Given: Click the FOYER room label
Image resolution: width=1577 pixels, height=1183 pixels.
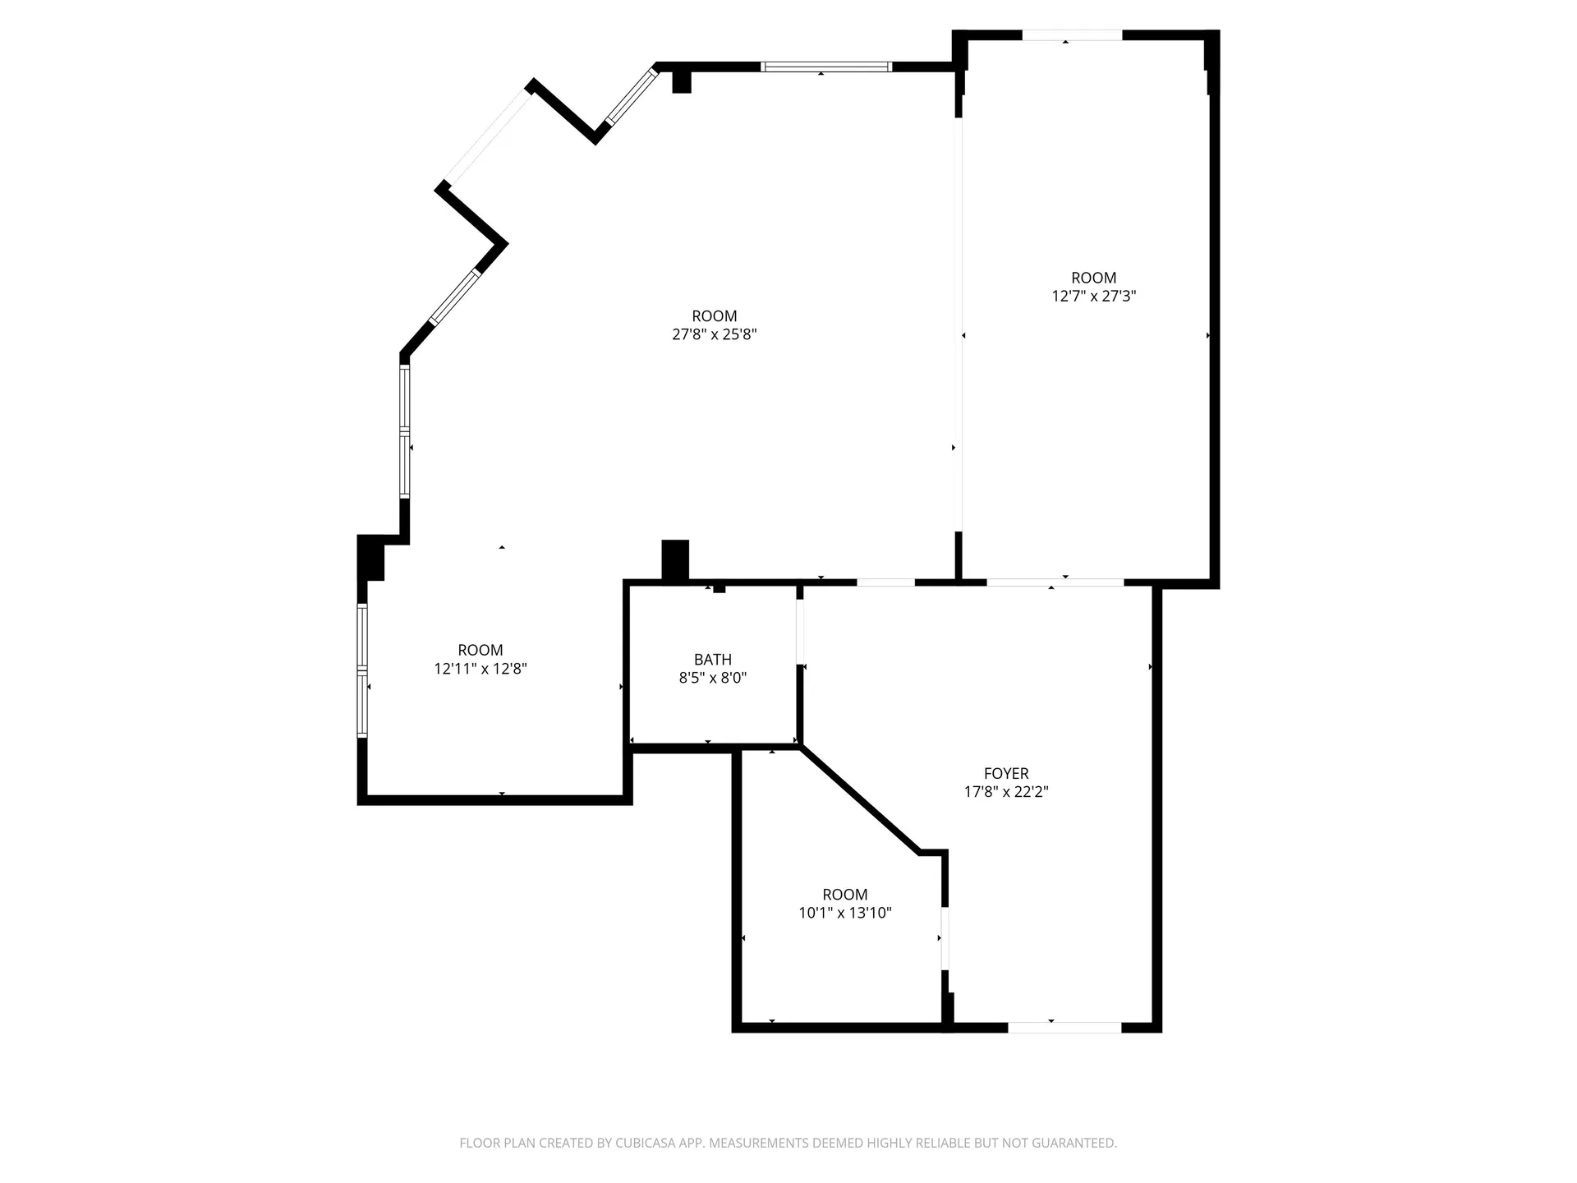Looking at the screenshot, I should [1005, 773].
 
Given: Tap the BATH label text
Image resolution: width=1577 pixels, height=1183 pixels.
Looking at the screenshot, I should [712, 659].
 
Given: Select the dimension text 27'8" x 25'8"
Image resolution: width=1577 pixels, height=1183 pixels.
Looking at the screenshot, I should [714, 334].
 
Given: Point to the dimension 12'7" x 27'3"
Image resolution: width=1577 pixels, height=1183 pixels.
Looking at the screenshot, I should [1093, 296].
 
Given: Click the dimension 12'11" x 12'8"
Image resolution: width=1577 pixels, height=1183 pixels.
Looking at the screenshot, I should [480, 669].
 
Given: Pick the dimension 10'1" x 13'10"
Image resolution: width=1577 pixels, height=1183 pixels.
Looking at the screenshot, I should [844, 913].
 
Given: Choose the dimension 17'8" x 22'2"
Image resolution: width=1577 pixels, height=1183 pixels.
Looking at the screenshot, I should [1005, 792].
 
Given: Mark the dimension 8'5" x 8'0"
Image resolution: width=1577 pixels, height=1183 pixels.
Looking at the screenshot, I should [712, 678].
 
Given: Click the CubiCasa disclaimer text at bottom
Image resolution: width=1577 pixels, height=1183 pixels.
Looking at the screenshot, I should [788, 1143].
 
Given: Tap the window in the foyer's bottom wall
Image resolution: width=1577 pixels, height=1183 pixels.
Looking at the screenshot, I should [1064, 1027].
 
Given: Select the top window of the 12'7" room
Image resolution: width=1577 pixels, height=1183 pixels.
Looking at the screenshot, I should [1071, 35].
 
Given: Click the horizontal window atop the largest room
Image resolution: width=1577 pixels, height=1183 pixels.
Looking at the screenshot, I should [825, 67].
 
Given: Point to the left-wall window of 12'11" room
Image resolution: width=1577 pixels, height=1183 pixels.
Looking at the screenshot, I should [362, 670].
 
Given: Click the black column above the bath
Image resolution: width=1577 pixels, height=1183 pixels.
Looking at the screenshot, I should [675, 560].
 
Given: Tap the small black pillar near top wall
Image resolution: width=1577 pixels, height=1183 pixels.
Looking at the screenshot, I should [681, 81].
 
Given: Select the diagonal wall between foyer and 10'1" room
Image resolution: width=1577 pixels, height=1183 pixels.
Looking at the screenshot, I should [858, 799].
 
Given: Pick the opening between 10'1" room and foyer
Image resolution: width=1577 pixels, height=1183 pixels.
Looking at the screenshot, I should [945, 938].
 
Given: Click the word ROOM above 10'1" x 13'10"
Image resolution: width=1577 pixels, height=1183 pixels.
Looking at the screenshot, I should [844, 894].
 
